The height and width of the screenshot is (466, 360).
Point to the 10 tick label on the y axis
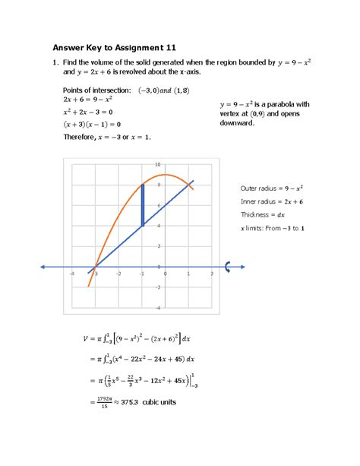coord(157,164)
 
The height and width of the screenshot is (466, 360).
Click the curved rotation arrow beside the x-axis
coord(228,266)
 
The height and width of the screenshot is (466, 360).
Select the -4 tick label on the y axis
coord(157,308)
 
